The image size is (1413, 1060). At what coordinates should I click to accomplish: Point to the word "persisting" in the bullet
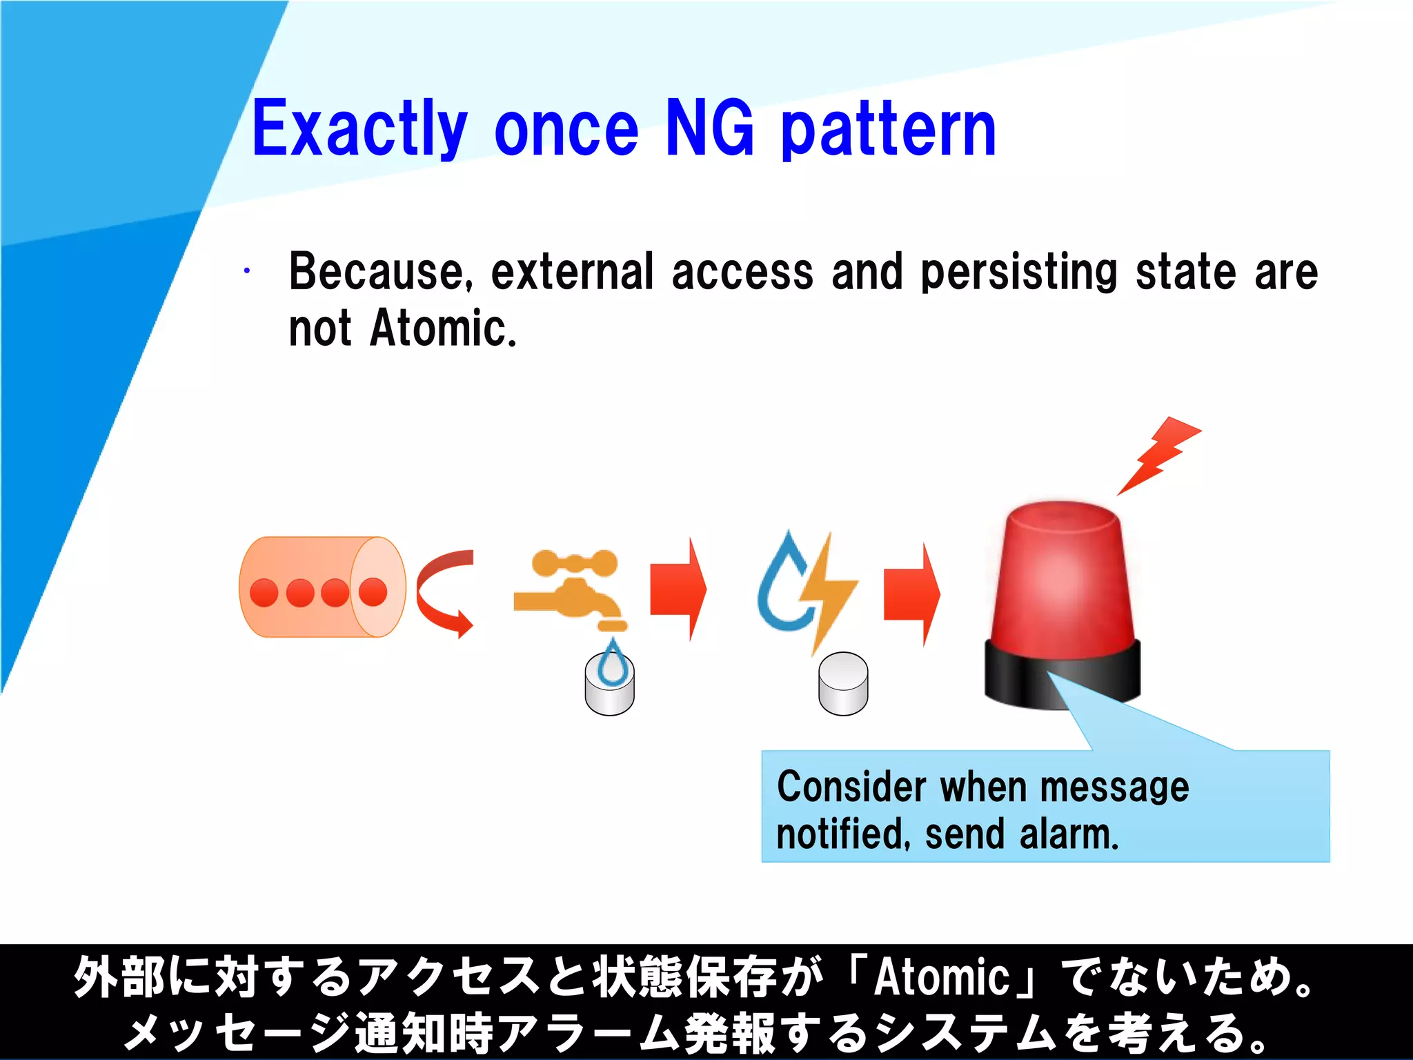(1019, 272)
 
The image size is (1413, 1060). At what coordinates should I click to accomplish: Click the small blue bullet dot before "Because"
(246, 271)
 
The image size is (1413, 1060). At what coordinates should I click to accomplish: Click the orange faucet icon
(573, 587)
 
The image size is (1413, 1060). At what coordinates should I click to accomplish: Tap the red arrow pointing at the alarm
(911, 593)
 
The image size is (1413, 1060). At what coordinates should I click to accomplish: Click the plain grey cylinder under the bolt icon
(843, 685)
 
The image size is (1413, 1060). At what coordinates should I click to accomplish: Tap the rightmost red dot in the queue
(373, 591)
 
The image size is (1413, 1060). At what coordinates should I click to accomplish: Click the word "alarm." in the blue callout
(1069, 834)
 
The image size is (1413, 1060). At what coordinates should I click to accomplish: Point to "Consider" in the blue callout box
(851, 787)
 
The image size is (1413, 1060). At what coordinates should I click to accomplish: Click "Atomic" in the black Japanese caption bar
(942, 977)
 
